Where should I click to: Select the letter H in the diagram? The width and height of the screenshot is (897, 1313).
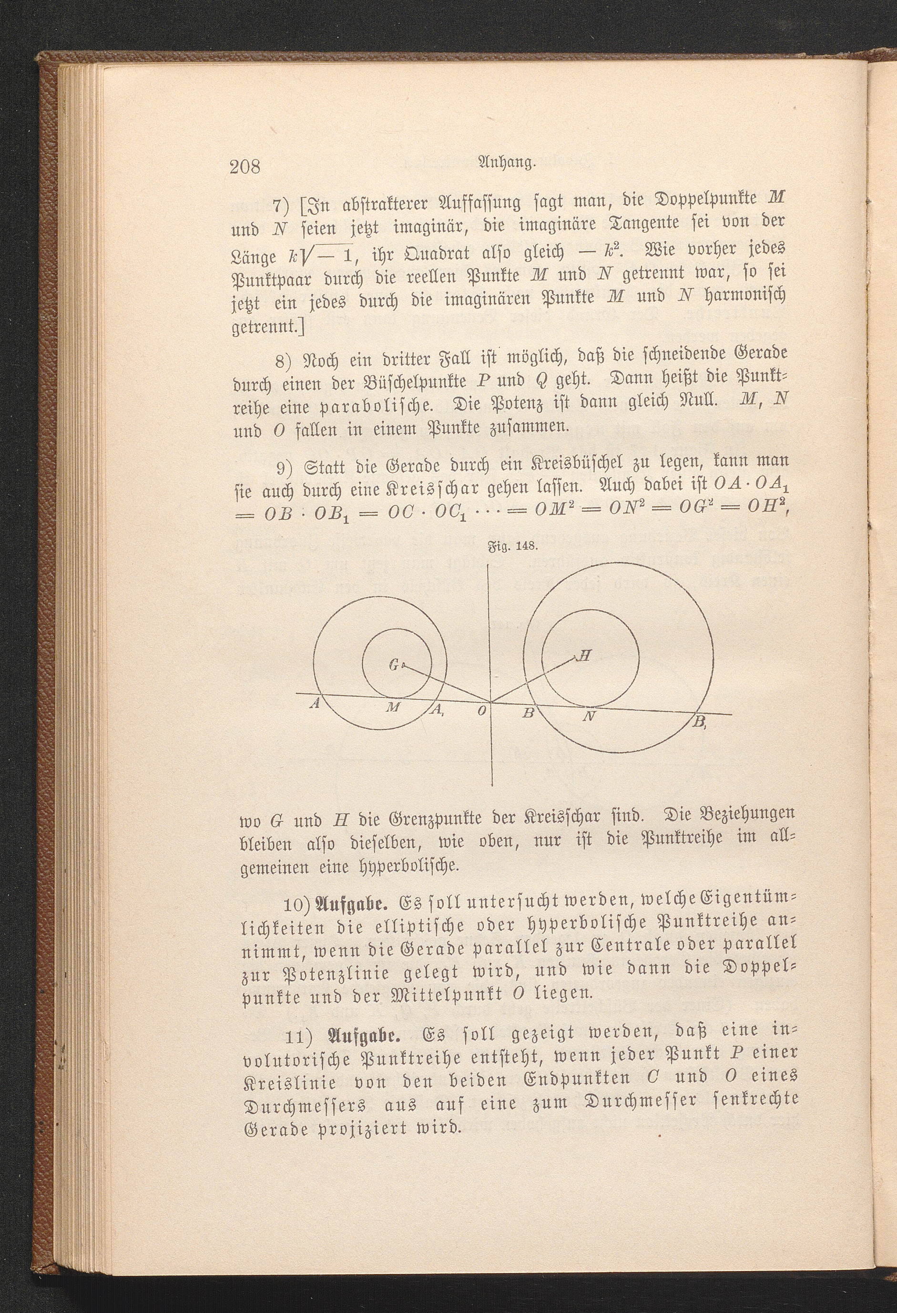click(x=585, y=656)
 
